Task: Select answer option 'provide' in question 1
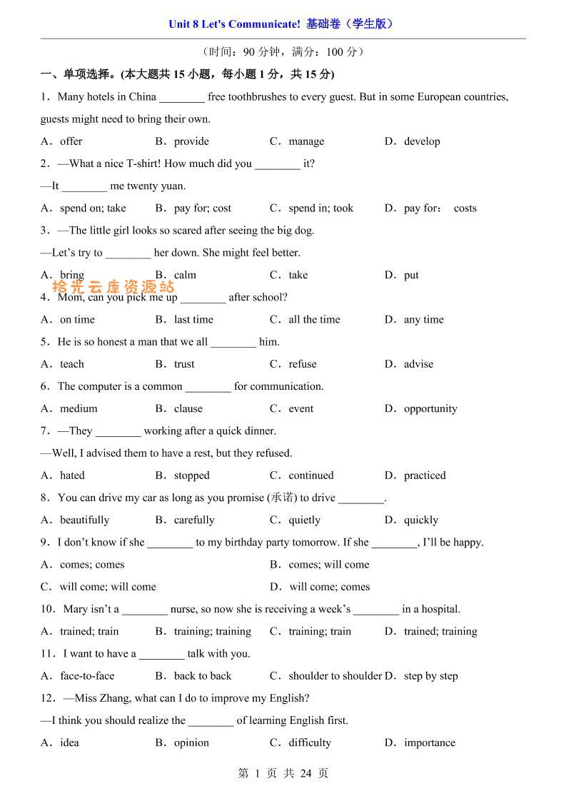(x=191, y=141)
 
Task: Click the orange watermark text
(x=113, y=287)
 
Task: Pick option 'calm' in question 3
(x=185, y=275)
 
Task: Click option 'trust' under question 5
(x=184, y=364)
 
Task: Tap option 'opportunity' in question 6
(x=430, y=409)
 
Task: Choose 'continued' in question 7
(x=310, y=475)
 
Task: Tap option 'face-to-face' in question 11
(x=87, y=676)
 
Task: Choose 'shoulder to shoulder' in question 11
(x=335, y=676)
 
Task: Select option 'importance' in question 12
(x=429, y=743)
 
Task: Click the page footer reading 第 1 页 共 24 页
(x=283, y=773)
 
